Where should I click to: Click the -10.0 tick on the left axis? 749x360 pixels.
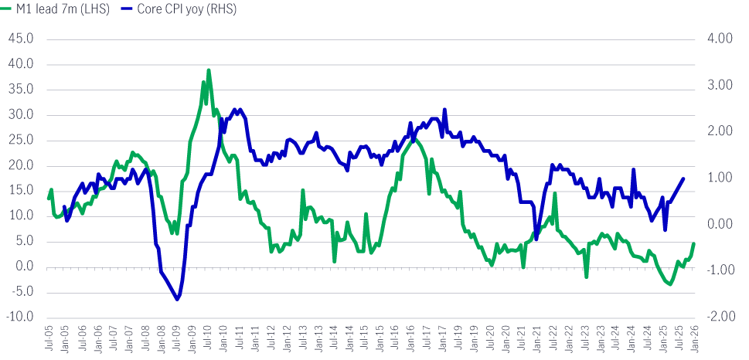point(21,317)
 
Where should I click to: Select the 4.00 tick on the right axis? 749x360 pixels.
point(719,39)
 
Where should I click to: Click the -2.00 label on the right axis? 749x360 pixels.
point(717,317)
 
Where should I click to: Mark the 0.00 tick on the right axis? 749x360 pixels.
point(719,224)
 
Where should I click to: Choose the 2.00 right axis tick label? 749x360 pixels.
point(719,131)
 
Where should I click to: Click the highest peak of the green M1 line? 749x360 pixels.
point(209,70)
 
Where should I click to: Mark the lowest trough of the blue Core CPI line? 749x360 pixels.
point(177,299)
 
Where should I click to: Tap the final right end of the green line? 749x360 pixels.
point(694,243)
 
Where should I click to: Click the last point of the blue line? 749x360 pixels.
point(683,178)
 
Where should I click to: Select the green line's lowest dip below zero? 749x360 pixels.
point(669,285)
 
